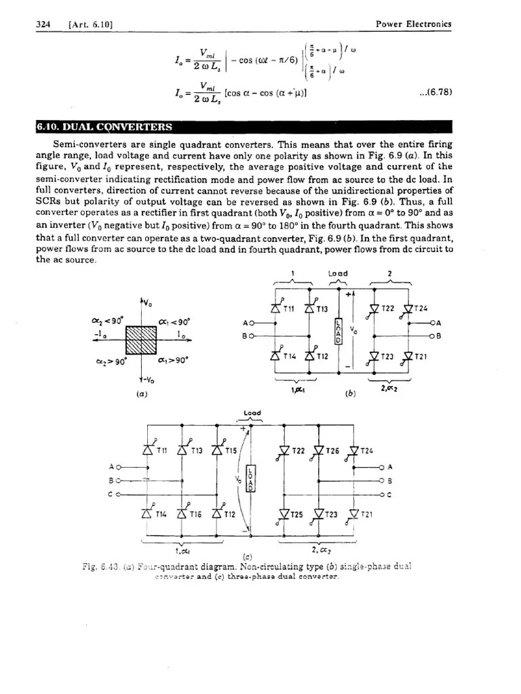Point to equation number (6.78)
(436, 92)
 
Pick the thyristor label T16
(195, 516)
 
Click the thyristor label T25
(299, 514)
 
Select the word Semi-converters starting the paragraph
(85, 144)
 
